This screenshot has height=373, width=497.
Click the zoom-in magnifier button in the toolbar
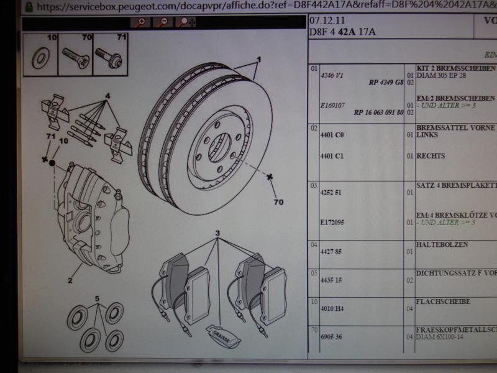point(142,22)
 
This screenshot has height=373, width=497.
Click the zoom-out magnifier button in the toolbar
point(163,22)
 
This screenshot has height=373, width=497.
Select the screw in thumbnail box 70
point(76,58)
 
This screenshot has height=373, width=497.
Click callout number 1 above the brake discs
point(258,59)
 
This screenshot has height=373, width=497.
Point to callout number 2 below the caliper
point(71,280)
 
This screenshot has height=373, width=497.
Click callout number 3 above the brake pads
point(218,234)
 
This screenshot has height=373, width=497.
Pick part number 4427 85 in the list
point(331,252)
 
